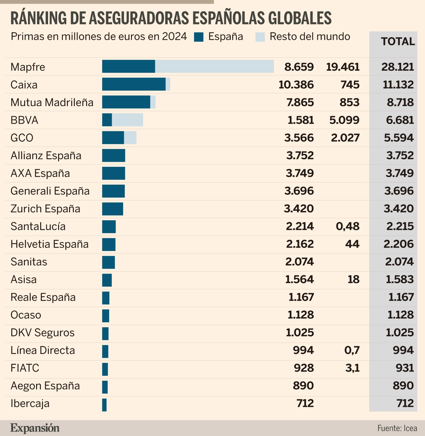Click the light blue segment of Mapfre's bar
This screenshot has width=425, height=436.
214,67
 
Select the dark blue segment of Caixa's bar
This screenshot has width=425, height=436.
133,84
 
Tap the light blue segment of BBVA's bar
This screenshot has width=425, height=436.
127,120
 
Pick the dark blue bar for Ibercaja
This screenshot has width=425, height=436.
104,405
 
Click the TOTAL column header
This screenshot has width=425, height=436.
398,41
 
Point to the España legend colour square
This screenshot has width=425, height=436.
199,37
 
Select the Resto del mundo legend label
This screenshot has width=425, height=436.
310,37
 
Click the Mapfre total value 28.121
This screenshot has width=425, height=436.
398,67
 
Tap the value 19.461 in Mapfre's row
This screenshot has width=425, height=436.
343,67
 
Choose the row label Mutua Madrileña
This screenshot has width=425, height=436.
52,102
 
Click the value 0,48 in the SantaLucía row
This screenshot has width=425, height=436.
348,226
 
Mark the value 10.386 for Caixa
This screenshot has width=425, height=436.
296,84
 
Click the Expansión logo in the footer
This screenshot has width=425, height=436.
35,428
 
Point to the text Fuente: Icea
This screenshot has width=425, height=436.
397,428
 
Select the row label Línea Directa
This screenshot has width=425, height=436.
43,350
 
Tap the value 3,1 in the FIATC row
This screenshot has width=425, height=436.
352,368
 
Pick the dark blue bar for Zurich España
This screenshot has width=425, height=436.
112,209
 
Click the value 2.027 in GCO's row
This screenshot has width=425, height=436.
345,138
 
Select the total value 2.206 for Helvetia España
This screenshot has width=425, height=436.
398,244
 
